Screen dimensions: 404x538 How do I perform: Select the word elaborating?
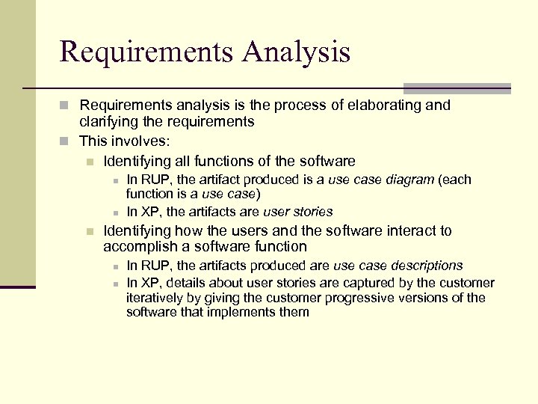[x=383, y=105]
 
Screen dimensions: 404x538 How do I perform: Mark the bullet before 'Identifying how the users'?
[x=90, y=231]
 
